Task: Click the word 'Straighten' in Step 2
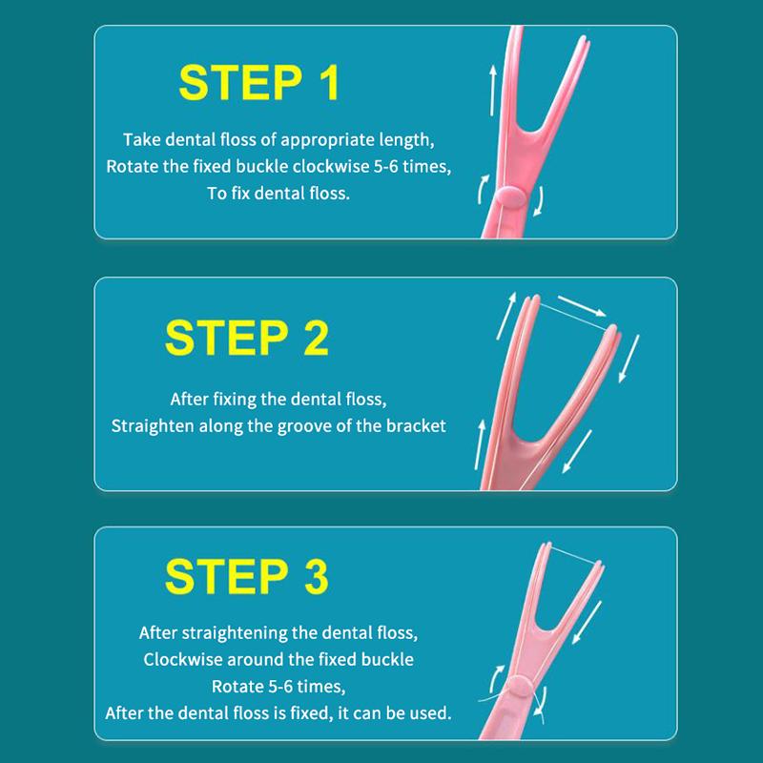point(155,425)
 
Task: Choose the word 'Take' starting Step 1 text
point(143,138)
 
